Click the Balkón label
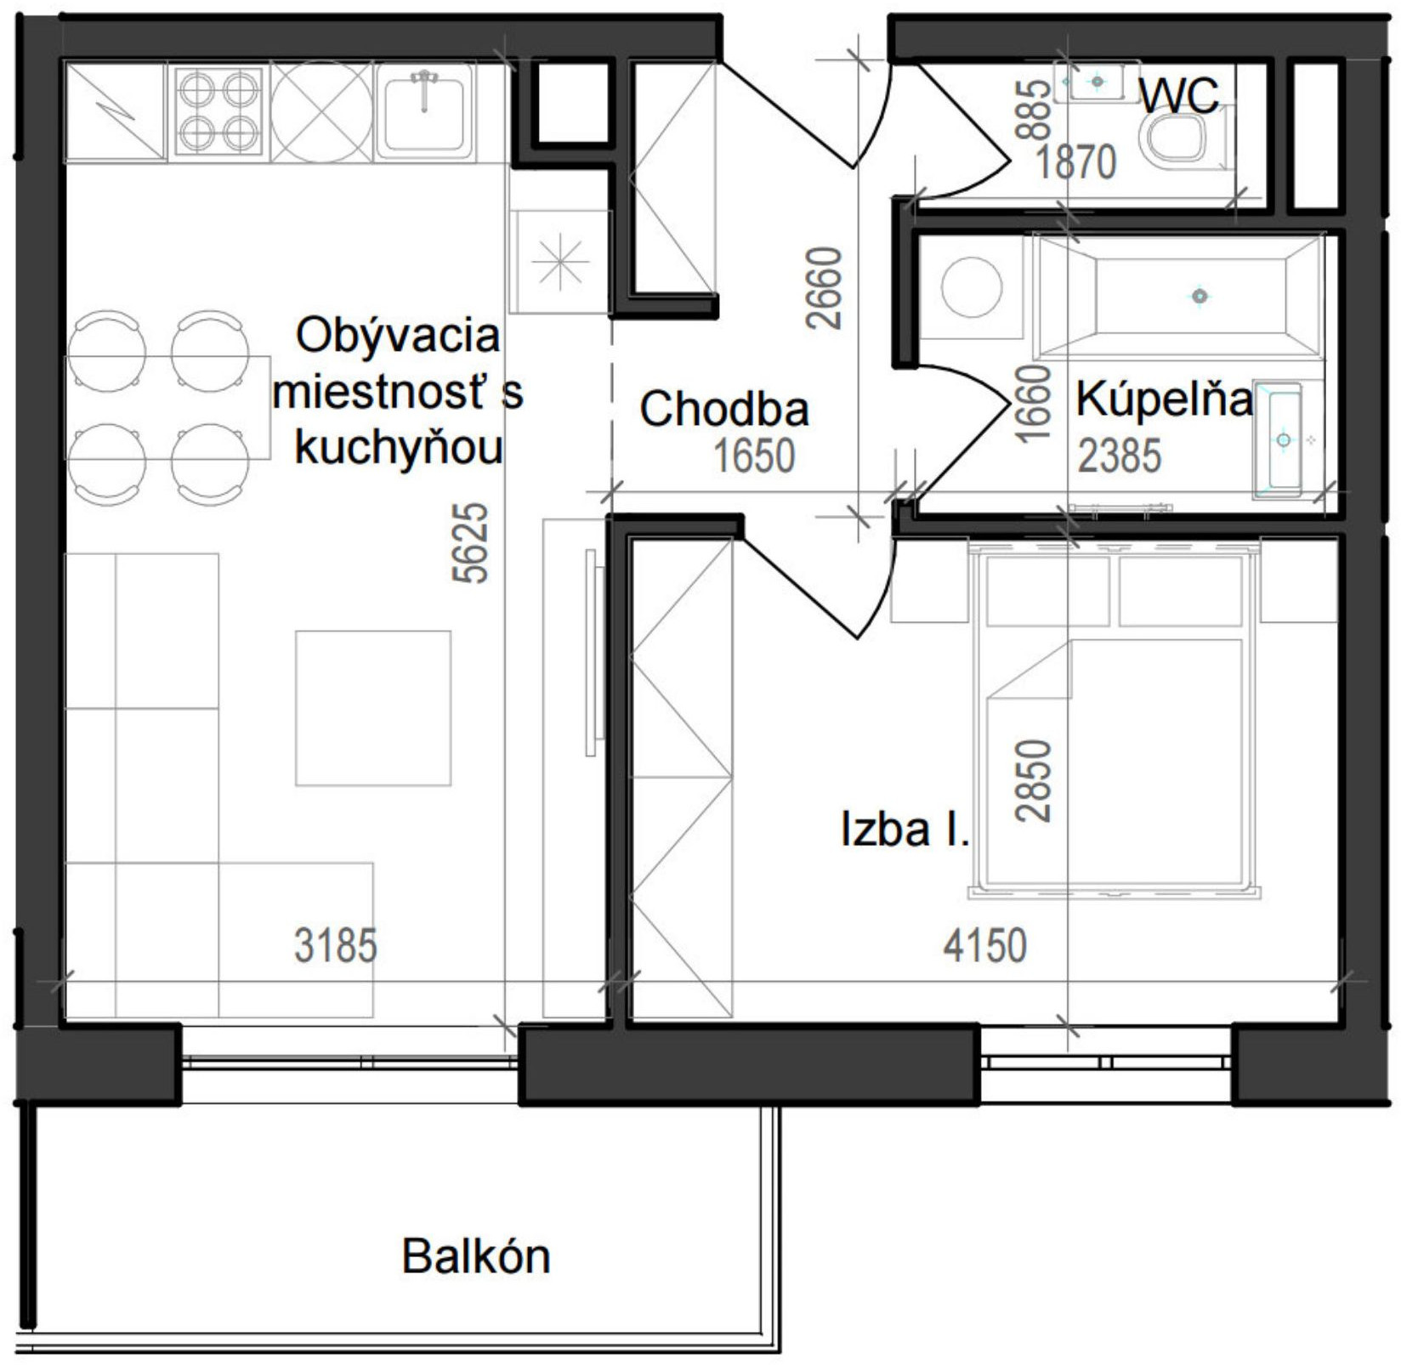475,1255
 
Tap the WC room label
1178,95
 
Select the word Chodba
723,409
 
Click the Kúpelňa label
1163,399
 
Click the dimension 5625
470,542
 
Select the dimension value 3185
335,945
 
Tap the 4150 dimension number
984,945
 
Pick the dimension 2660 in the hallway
824,287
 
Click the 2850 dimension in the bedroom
1034,780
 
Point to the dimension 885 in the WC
1034,109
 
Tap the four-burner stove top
218,111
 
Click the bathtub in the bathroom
1178,296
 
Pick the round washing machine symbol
971,287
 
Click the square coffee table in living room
372,707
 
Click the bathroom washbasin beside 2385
1284,440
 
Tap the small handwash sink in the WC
1097,82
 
